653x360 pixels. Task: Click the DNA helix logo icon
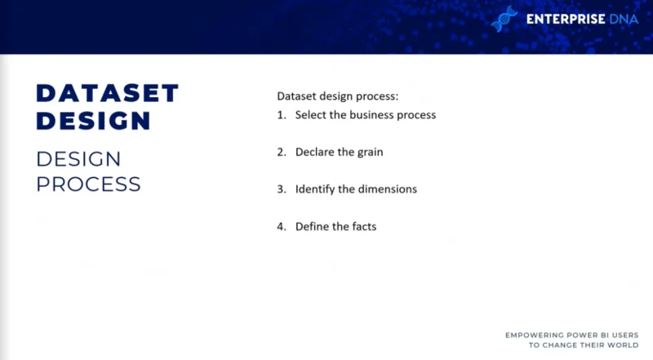pos(504,19)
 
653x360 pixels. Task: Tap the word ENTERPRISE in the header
pos(566,19)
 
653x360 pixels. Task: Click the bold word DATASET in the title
pos(108,93)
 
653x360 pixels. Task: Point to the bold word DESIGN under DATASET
pos(93,121)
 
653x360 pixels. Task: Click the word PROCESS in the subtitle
pos(88,184)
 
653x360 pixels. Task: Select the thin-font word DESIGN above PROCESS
pos(78,159)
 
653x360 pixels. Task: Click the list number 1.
pos(282,115)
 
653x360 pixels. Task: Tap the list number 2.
pos(282,152)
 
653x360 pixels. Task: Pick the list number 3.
pos(282,189)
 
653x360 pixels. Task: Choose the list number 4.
pos(282,227)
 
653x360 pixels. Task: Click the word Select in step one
pos(311,114)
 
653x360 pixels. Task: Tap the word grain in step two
pos(371,153)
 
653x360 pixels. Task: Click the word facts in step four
pos(364,226)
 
